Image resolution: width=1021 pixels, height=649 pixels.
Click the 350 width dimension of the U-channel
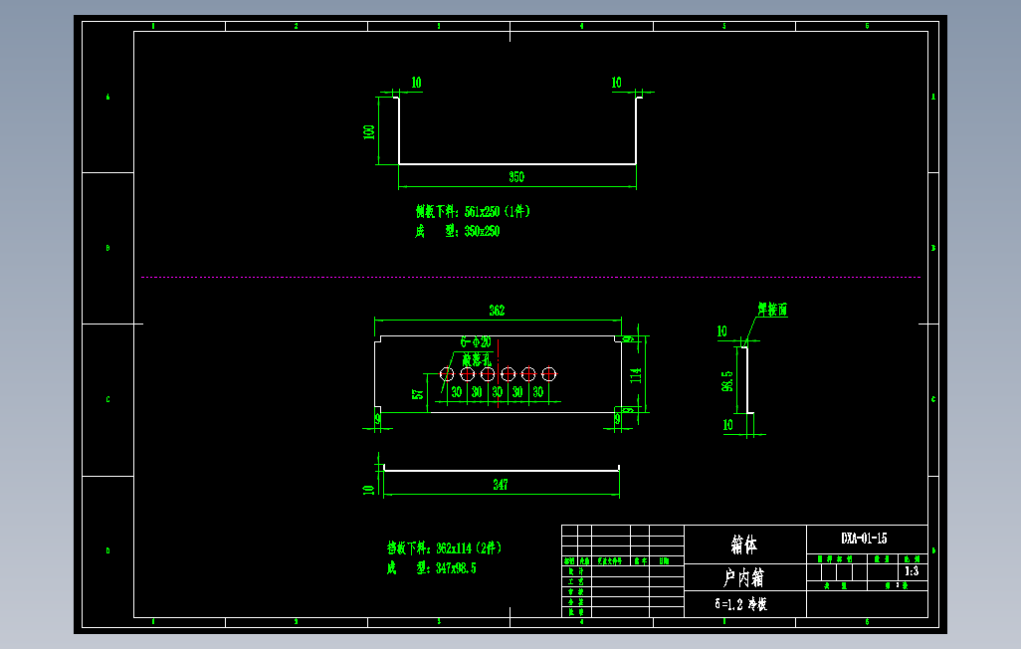pos(516,177)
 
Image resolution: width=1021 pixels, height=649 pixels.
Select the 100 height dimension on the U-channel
pos(369,131)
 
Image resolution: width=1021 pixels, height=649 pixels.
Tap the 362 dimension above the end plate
pos(497,311)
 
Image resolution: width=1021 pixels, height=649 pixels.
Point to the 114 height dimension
pos(636,374)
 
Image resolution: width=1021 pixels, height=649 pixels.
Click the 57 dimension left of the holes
pos(418,393)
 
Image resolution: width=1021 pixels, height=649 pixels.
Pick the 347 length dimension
pos(500,485)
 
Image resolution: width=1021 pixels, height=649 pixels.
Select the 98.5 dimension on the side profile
pos(727,380)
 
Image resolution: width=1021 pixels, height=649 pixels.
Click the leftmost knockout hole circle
pos(447,373)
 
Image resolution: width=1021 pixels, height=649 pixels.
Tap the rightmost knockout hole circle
pos(548,373)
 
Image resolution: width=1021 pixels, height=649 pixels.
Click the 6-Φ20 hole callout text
pos(476,341)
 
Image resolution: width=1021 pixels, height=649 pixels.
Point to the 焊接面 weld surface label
pos(772,311)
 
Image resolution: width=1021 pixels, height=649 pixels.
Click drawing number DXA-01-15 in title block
pos(864,539)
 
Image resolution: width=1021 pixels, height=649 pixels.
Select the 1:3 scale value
pos(910,572)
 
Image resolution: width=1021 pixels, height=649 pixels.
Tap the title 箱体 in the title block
pos(744,545)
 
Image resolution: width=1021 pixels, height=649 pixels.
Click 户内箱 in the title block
pos(744,577)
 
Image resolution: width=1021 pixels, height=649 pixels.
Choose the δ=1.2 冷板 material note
pos(740,604)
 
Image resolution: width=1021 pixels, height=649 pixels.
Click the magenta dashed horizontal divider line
pos(530,277)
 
